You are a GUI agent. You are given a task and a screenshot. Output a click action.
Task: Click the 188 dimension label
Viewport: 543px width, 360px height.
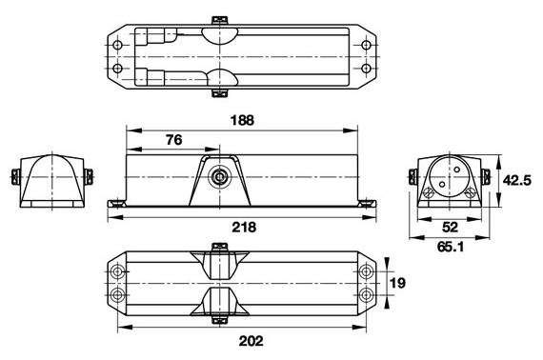click(x=242, y=120)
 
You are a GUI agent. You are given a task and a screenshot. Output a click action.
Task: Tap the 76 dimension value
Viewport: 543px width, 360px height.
click(x=173, y=140)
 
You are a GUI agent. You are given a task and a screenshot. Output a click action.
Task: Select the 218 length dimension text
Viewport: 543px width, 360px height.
click(x=244, y=227)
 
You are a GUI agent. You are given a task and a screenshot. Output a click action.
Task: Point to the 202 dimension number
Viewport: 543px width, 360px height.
click(x=251, y=341)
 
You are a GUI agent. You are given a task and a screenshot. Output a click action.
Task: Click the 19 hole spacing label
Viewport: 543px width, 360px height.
click(x=397, y=283)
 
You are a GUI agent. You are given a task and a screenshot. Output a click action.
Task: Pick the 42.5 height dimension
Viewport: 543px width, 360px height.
click(x=516, y=180)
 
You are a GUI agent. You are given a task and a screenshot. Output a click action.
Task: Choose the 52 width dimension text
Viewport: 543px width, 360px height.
click(x=451, y=227)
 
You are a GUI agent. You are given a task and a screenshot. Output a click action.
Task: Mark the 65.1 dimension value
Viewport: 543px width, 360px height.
click(x=451, y=247)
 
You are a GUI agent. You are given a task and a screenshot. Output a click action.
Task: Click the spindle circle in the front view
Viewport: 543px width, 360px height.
click(x=219, y=177)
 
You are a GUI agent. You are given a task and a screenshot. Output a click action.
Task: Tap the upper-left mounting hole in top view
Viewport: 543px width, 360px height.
click(x=118, y=46)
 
